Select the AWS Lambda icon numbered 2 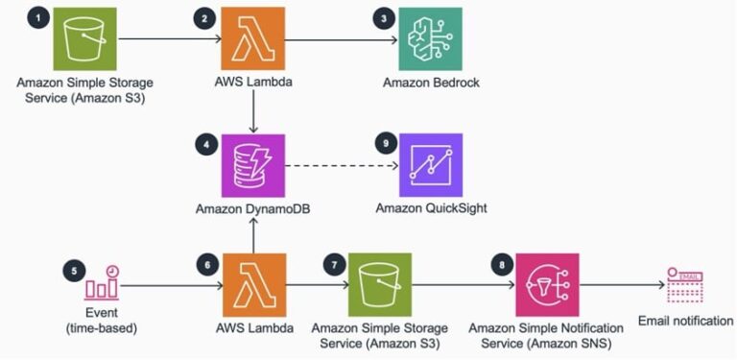tap(251, 40)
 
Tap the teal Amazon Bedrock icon tap(431, 40)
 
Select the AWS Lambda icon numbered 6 tap(251, 284)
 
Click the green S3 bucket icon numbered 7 tap(379, 284)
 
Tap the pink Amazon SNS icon tap(546, 284)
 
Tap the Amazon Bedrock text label tap(431, 83)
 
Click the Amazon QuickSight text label tap(431, 207)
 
